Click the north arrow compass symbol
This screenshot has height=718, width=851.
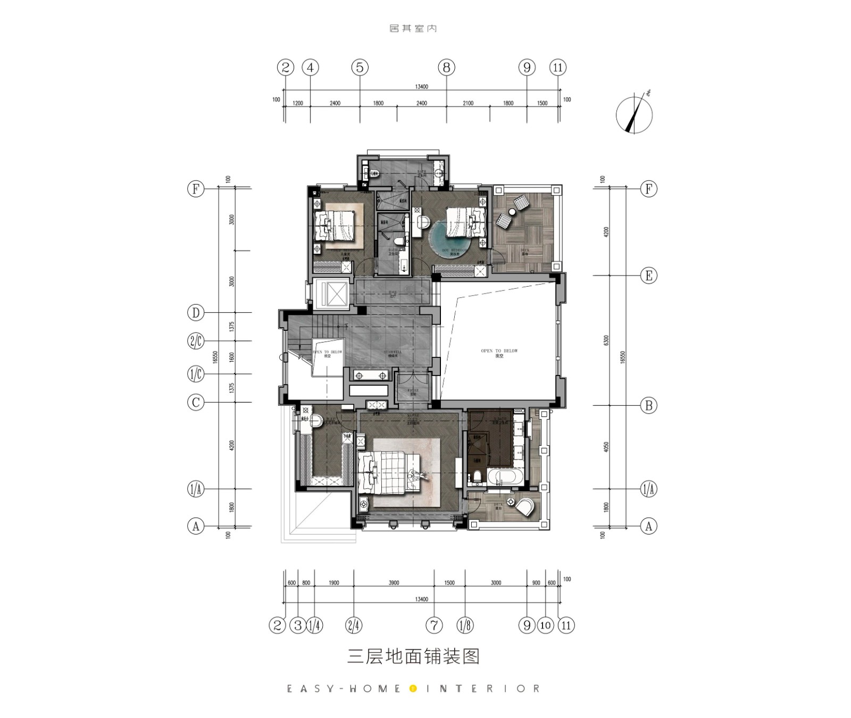[x=634, y=114]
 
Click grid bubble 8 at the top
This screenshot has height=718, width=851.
[x=446, y=68]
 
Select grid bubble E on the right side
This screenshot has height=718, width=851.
[x=648, y=275]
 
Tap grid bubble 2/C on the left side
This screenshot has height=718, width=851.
[x=196, y=341]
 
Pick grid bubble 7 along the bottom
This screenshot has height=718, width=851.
[x=434, y=625]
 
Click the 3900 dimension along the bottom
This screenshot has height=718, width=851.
[x=394, y=583]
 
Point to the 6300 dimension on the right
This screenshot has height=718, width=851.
[x=607, y=340]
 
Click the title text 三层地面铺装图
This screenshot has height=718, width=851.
[x=413, y=656]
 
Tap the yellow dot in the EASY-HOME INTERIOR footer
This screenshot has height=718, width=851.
[x=412, y=689]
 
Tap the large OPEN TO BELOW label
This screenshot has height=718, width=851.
[x=499, y=353]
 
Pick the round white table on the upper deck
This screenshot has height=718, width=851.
[x=512, y=212]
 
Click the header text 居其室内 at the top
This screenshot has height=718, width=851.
[x=413, y=28]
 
